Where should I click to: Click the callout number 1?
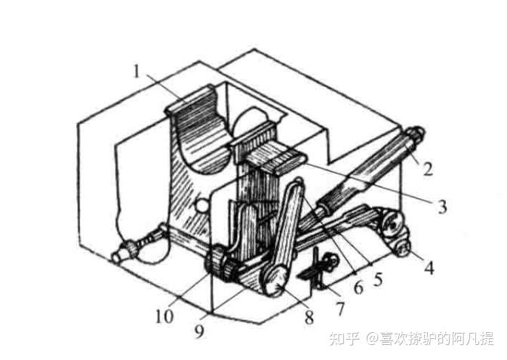(137, 72)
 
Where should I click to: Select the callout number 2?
(427, 169)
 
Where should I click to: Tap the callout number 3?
(442, 205)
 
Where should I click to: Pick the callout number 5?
(378, 278)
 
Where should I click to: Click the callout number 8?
(308, 318)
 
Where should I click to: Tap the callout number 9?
(198, 330)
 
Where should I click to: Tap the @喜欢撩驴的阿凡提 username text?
(430, 338)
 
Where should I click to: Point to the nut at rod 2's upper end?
(415, 137)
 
